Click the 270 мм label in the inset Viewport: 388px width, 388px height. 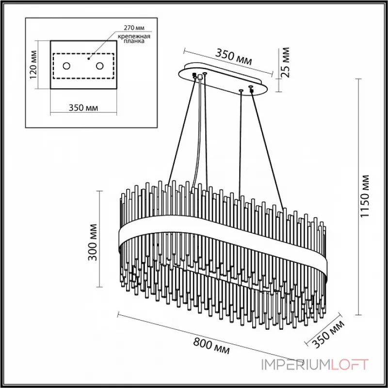[x=134, y=29]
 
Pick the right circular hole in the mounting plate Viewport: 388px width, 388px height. [x=100, y=65]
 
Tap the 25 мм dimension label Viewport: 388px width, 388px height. [x=285, y=63]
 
